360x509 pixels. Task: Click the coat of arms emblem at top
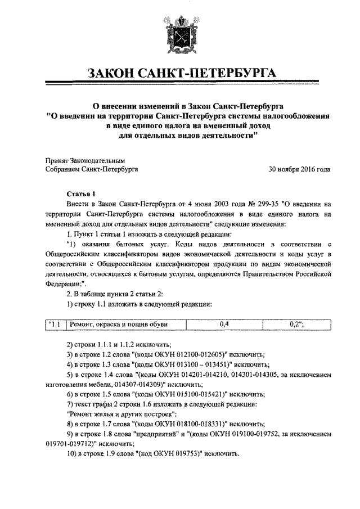point(179,35)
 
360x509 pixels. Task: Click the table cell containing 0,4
point(224,324)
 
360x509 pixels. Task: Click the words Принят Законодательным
point(84,159)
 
